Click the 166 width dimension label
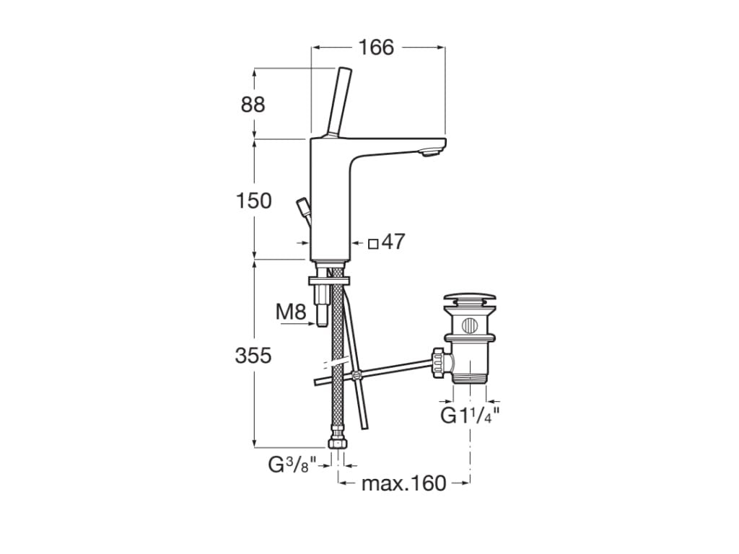click(x=376, y=48)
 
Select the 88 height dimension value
click(x=253, y=105)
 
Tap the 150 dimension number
click(x=253, y=201)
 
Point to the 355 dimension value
click(x=253, y=355)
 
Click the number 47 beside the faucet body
click(x=393, y=242)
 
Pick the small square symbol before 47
click(x=373, y=243)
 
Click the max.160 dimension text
click(x=404, y=483)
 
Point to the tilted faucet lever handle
click(x=338, y=101)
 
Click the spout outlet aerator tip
click(x=431, y=151)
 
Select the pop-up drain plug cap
click(x=470, y=298)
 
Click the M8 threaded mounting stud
click(x=322, y=307)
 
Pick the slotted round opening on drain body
click(x=470, y=325)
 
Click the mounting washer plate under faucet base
click(x=328, y=278)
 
